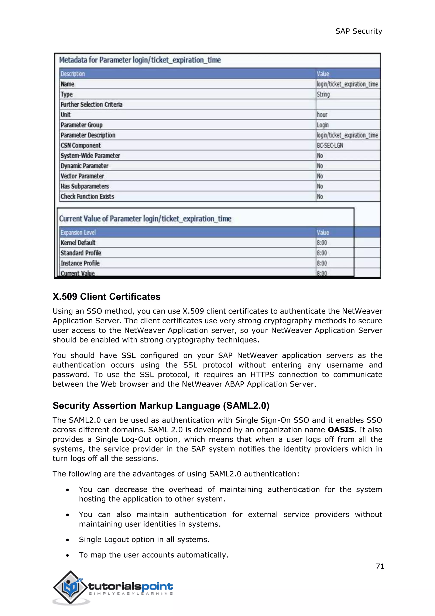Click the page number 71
coord(380,566)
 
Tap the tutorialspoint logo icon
coord(71,587)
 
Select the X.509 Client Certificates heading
coord(106,297)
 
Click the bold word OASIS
coord(341,430)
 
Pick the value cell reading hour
coord(322,115)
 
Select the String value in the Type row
coord(323,94)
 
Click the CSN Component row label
coord(81,145)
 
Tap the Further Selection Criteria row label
coord(91,105)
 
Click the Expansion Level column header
coord(78,232)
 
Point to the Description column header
coord(73,74)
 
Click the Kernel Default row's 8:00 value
coord(322,243)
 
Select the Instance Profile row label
coord(80,263)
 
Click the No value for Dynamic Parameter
coord(320,166)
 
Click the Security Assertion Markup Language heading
coord(161,406)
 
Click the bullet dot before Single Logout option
coord(68,540)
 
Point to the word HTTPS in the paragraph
coord(262,375)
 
